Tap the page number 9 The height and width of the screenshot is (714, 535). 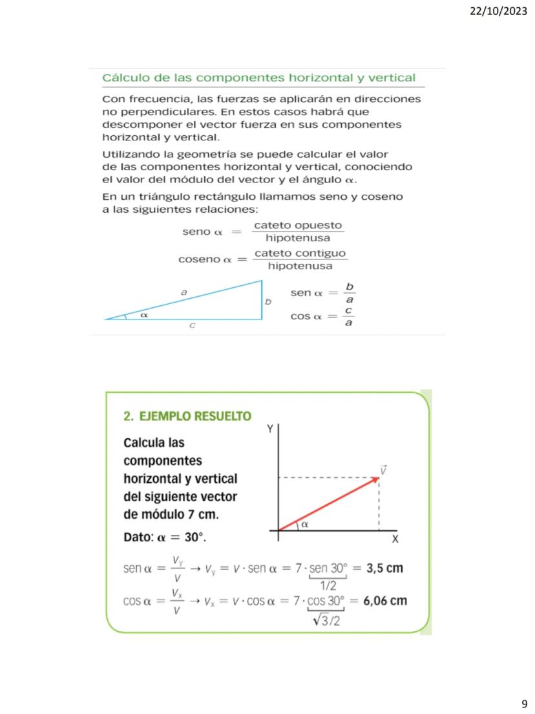[x=524, y=704]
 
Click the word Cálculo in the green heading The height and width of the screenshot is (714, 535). [x=126, y=78]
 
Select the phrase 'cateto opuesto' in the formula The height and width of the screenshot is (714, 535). [x=298, y=226]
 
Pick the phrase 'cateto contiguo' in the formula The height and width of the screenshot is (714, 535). [x=300, y=253]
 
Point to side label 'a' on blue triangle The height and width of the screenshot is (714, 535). [x=184, y=292]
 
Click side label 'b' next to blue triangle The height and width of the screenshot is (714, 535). [x=268, y=301]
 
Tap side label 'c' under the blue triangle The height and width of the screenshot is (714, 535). [x=192, y=327]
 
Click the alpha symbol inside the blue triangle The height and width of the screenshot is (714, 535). [x=144, y=314]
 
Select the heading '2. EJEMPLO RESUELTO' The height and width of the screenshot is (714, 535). [x=187, y=416]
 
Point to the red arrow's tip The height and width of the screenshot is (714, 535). [x=378, y=479]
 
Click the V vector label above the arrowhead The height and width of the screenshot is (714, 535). [x=383, y=470]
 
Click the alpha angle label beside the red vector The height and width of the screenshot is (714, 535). [x=304, y=525]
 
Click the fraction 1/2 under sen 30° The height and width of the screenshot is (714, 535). [x=328, y=585]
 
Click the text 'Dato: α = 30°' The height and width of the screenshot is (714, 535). [x=165, y=538]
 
